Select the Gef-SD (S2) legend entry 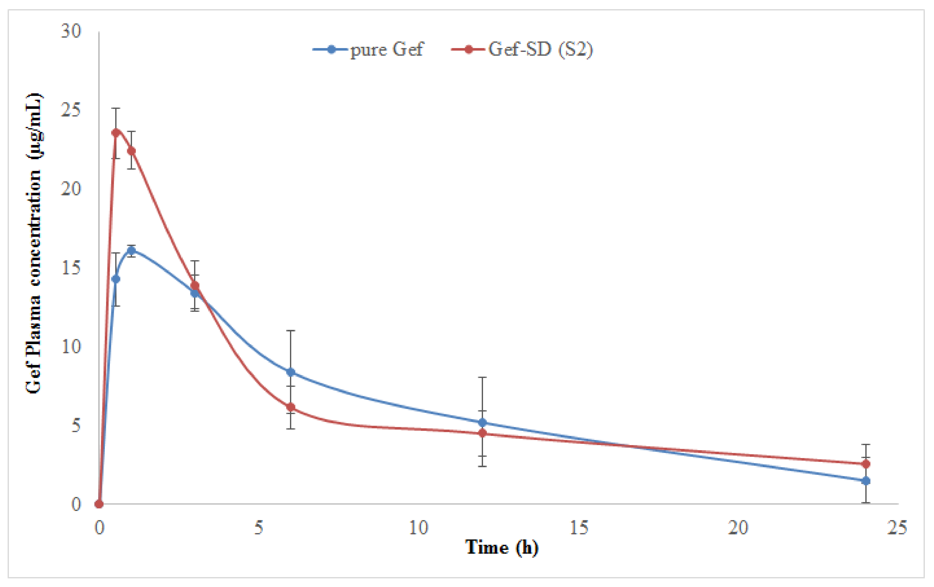click(522, 50)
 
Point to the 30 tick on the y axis click(71, 31)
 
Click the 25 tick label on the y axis click(71, 110)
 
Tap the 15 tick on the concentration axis click(71, 268)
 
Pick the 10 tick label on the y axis click(71, 346)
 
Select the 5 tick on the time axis click(259, 528)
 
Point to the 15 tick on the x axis click(579, 528)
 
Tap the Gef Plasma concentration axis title click(34, 243)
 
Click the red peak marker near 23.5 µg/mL click(115, 133)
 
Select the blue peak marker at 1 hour click(132, 251)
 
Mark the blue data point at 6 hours click(291, 372)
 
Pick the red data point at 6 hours click(291, 407)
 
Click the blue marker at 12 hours click(482, 422)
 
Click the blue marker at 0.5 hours click(115, 279)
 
